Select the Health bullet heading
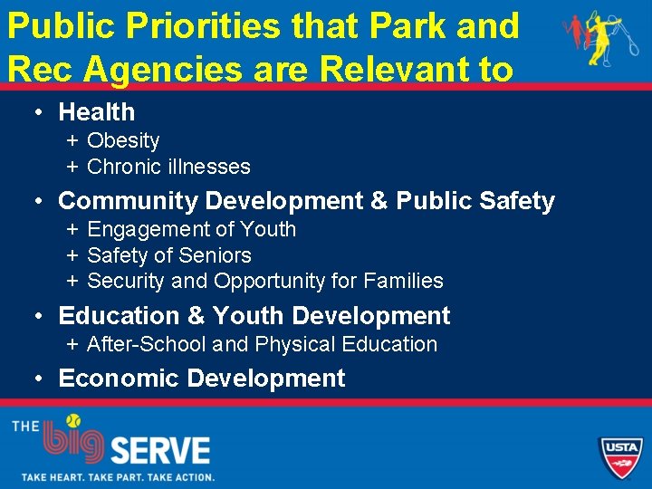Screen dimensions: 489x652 point(96,112)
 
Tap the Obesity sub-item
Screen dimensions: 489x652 point(123,140)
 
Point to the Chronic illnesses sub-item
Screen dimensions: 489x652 point(168,167)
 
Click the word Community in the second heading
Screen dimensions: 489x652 point(126,201)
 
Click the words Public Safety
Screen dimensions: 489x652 point(475,201)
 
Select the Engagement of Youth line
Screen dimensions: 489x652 point(191,229)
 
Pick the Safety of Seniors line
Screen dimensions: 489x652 point(168,255)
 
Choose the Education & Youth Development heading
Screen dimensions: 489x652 point(254,316)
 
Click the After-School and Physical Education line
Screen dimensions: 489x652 point(262,344)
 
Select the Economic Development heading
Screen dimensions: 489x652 point(201,378)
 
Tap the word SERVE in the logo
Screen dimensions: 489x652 point(159,450)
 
